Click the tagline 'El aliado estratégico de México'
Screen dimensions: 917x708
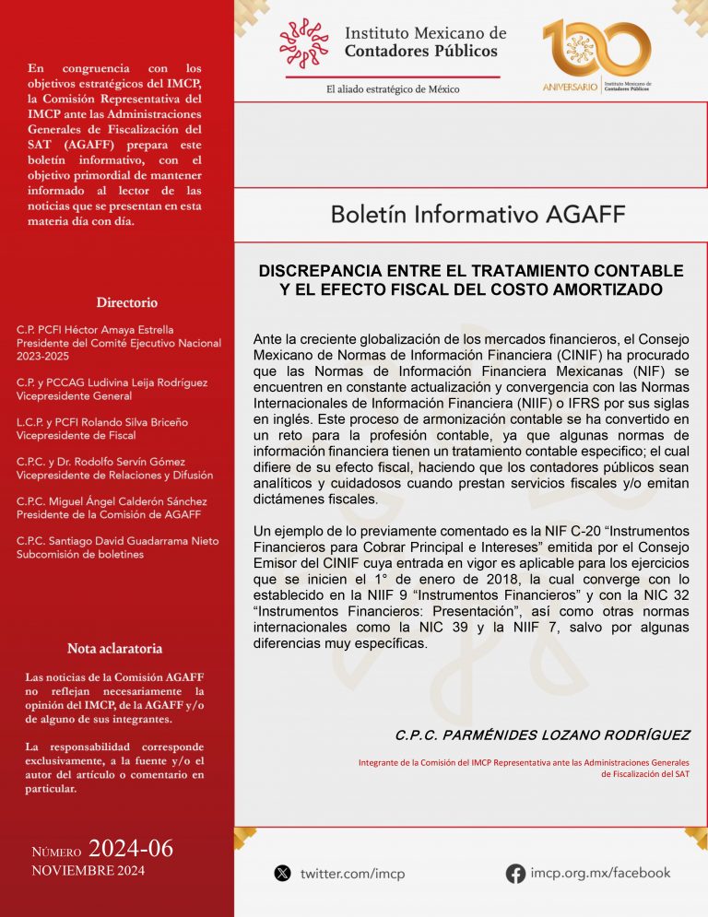(x=393, y=89)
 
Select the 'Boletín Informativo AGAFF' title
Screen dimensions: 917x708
(x=478, y=215)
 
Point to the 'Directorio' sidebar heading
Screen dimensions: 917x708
(x=126, y=302)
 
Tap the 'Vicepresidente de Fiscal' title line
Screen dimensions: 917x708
(x=76, y=435)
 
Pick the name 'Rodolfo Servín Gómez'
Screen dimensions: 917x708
(x=139, y=462)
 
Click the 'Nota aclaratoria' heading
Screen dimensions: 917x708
(x=115, y=648)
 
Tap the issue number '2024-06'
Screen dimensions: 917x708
(x=131, y=849)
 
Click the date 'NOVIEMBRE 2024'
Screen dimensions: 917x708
(x=88, y=871)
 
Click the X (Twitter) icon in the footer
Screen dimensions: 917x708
(x=282, y=873)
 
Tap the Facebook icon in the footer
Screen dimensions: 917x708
(x=515, y=873)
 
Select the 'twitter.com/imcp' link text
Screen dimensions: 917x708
(x=352, y=874)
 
